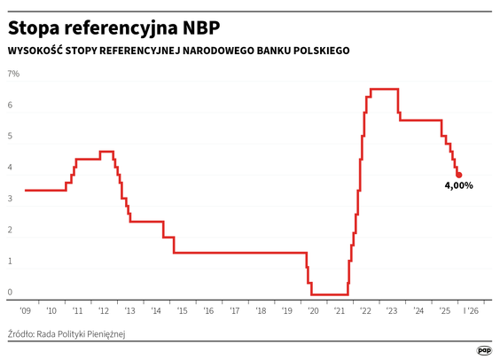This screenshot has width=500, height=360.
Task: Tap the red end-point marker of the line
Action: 459,175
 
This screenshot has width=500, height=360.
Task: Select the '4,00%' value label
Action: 458,186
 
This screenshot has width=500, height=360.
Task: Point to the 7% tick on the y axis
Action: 13,74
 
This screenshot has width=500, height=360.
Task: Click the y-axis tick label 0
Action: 11,292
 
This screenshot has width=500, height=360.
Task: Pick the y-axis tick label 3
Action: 11,199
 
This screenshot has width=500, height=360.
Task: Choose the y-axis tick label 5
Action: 11,137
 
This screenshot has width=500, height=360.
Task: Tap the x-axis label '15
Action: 182,311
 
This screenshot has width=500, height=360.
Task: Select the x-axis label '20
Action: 313,311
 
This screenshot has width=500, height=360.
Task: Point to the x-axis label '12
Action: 103,311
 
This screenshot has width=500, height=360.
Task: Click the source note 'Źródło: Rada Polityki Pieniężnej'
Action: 67,334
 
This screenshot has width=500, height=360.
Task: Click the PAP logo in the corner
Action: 484,350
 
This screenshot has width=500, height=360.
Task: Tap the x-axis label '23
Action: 392,311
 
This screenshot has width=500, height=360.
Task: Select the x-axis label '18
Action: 261,311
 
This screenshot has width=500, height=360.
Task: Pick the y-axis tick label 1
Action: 11,261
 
